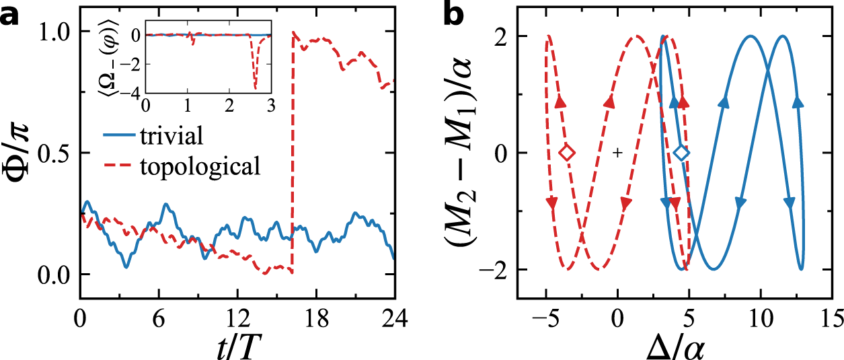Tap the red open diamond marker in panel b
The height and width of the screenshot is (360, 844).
point(567,153)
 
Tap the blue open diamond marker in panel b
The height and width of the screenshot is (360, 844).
point(682,153)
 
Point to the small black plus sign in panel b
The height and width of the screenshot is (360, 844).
point(617,153)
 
